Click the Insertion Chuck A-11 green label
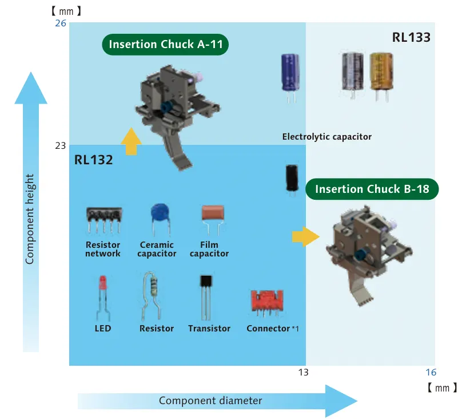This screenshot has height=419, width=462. pyautogui.click(x=165, y=45)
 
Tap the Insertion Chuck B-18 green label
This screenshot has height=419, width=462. pyautogui.click(x=372, y=189)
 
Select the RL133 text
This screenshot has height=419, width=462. pyautogui.click(x=411, y=37)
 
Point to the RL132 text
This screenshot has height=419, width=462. pyautogui.click(x=93, y=160)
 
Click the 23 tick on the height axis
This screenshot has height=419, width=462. pyautogui.click(x=61, y=145)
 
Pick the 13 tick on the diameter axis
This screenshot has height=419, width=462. pyautogui.click(x=303, y=373)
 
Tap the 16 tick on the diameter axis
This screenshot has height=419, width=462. pyautogui.click(x=431, y=373)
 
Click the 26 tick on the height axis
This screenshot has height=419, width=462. pyautogui.click(x=61, y=23)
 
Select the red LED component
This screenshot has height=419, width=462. pyautogui.click(x=102, y=298)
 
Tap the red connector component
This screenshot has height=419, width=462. pyautogui.click(x=267, y=302)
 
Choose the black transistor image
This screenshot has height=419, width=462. pyautogui.click(x=206, y=297)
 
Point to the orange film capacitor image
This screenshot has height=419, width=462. pyautogui.click(x=213, y=219)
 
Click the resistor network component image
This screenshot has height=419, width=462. pyautogui.click(x=104, y=220)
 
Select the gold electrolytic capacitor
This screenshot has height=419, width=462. pyautogui.click(x=381, y=77)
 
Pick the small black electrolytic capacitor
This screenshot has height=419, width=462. pyautogui.click(x=292, y=180)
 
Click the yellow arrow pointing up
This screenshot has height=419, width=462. pyautogui.click(x=131, y=141)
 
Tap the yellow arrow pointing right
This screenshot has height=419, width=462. pyautogui.click(x=305, y=236)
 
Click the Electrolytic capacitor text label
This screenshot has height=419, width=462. pyautogui.click(x=326, y=137)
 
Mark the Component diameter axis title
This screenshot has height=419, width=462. pyautogui.click(x=210, y=401)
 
